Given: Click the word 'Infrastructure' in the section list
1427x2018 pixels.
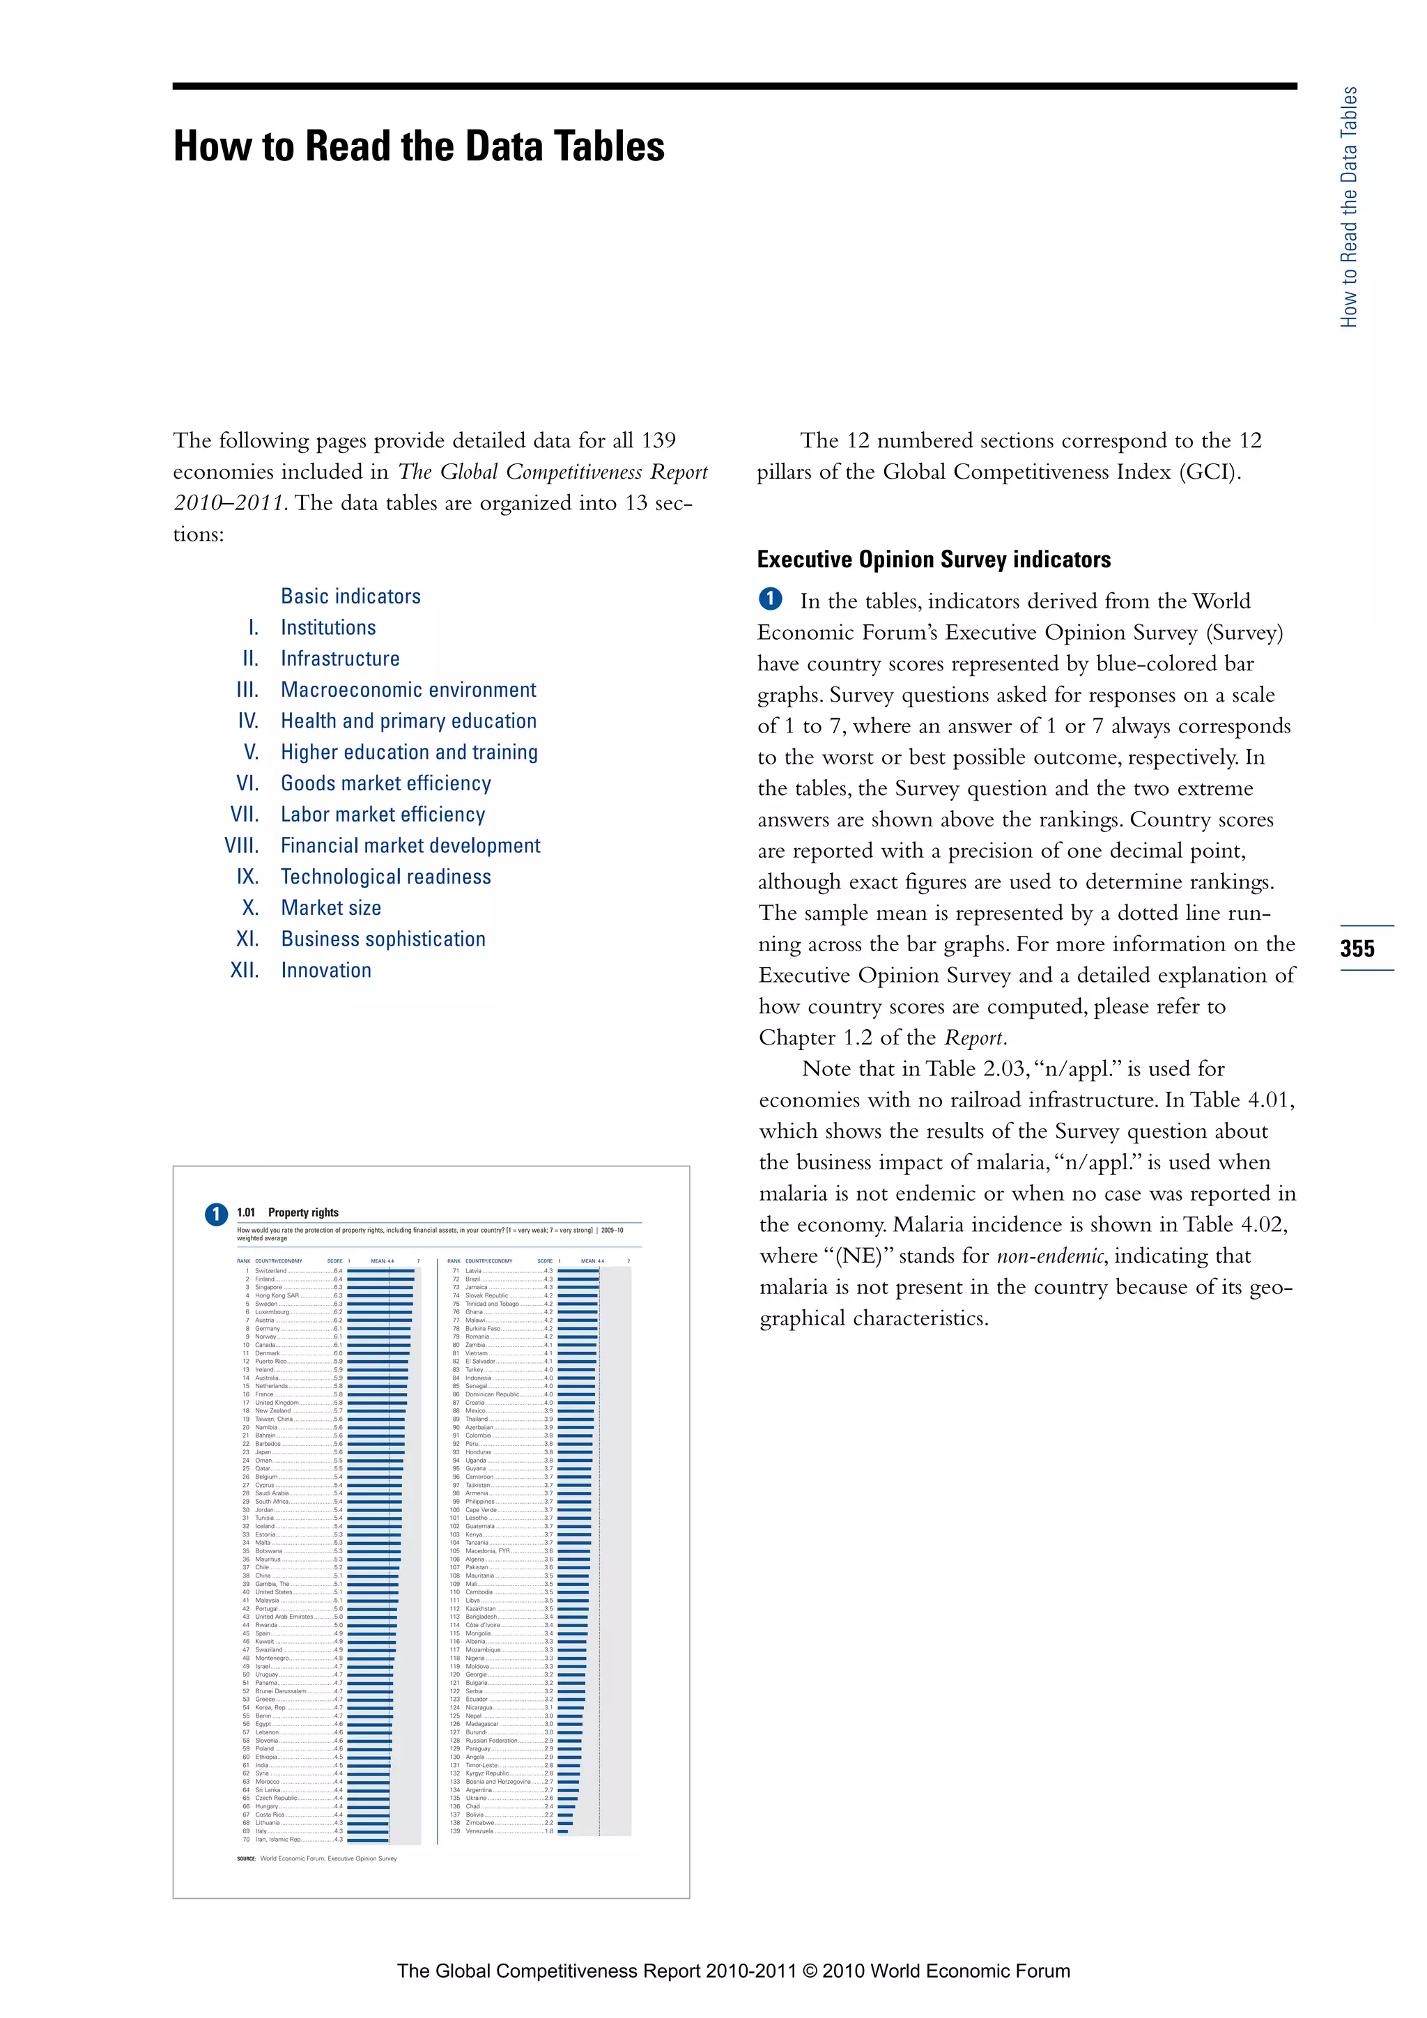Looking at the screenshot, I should click(339, 658).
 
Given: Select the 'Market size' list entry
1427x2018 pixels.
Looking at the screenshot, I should click(330, 908).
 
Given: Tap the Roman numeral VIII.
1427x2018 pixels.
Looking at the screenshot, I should click(242, 845).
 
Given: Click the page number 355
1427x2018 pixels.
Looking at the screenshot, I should click(1357, 948).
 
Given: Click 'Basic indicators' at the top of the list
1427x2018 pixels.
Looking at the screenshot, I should click(350, 596).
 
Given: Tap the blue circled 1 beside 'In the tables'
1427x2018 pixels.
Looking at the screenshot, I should click(770, 599).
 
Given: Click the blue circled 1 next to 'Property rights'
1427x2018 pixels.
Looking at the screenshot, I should click(216, 1214).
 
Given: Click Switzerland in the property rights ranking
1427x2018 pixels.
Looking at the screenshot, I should click(270, 1271).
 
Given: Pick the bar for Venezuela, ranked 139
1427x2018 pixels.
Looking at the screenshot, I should click(562, 1832).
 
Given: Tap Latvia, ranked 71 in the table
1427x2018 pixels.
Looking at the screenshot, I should click(474, 1271).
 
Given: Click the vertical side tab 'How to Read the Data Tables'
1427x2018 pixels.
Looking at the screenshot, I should click(1348, 208).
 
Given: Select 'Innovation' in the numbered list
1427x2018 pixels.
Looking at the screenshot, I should click(326, 971).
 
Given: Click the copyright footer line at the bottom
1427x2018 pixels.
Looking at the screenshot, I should click(733, 1971).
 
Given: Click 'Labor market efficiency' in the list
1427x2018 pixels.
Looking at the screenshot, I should click(383, 815).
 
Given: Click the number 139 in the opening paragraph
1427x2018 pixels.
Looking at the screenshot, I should click(658, 440).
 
